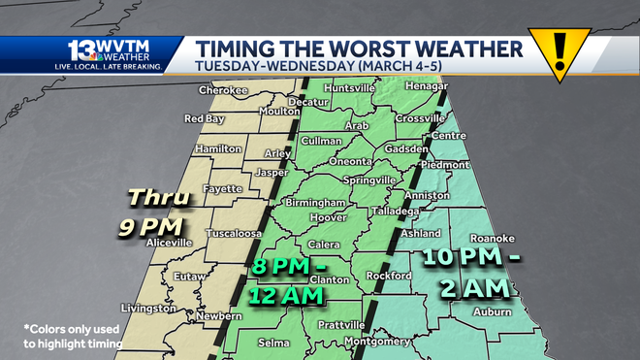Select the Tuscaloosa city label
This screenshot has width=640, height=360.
pyautogui.click(x=237, y=234)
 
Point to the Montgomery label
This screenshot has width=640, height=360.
pyautogui.click(x=378, y=341)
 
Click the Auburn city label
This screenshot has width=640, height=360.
pyautogui.click(x=492, y=311)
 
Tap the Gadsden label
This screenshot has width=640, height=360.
pyautogui.click(x=406, y=150)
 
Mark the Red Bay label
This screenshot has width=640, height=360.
pyautogui.click(x=205, y=119)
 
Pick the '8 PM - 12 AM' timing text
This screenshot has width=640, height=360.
pyautogui.click(x=292, y=280)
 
